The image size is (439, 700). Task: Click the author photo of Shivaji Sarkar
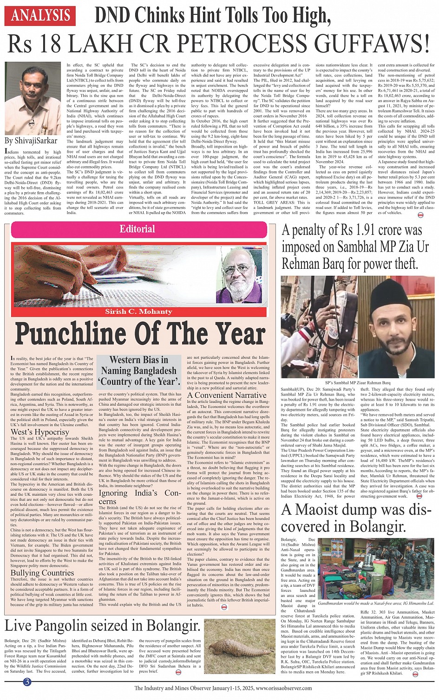pyautogui.click(x=33, y=98)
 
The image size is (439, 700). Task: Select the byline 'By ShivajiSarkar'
pyautogui.click(x=31, y=141)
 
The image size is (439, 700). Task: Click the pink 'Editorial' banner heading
pyautogui.click(x=137, y=228)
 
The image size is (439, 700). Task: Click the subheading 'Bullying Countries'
pyautogui.click(x=42, y=573)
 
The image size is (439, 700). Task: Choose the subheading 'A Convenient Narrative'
pyautogui.click(x=227, y=395)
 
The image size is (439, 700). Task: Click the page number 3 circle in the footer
pyautogui.click(x=27, y=681)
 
